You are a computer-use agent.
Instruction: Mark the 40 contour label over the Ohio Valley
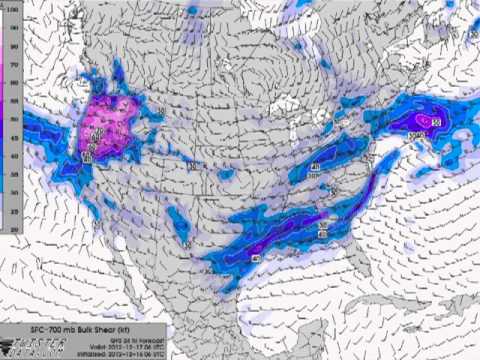(x=315, y=166)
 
